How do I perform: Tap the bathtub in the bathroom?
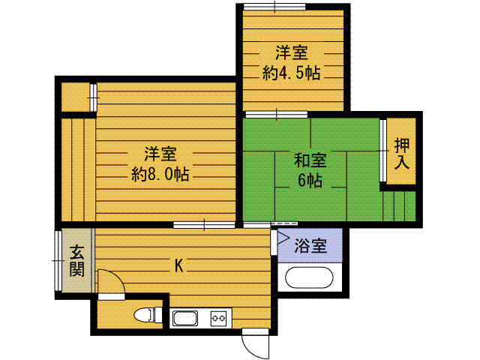point(311,277)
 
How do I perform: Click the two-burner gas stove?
point(219,318)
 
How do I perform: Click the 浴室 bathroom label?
point(310,244)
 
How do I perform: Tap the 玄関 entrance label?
point(77,261)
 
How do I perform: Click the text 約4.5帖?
point(292,73)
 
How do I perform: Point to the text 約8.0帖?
point(160,175)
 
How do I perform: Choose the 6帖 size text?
point(309,181)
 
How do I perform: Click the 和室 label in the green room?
point(309,160)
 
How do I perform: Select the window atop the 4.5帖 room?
point(274,7)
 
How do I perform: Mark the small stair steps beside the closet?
point(398,205)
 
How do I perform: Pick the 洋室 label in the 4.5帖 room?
point(292,53)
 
